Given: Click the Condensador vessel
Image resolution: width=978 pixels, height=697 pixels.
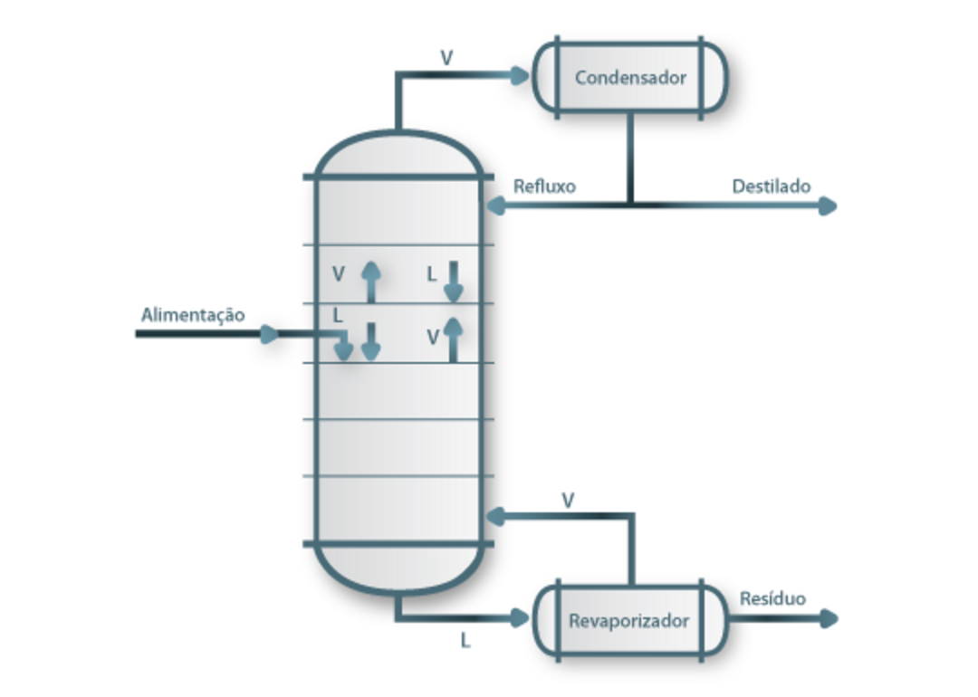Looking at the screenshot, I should tap(630, 77).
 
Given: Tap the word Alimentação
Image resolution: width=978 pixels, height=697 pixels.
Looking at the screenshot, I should tap(193, 315).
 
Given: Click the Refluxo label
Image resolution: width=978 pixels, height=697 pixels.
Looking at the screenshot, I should tap(544, 187).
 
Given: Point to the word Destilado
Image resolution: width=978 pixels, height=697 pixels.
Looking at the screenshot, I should tap(771, 187).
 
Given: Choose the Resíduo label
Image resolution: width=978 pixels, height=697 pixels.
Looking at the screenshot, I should tap(772, 599).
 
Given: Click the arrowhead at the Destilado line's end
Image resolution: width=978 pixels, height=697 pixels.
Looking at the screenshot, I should tap(827, 206).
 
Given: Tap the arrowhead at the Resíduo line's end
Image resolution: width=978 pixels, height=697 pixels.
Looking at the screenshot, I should tap(827, 619).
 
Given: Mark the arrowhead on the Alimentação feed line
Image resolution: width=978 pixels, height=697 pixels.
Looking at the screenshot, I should tap(269, 334).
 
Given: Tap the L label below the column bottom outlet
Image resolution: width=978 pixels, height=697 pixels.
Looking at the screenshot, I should tap(465, 641).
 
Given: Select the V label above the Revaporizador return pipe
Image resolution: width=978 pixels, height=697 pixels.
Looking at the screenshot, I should tap(568, 499).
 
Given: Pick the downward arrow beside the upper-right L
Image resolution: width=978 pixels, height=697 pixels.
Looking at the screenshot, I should tap(454, 282).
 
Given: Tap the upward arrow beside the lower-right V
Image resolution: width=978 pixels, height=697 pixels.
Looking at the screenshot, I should tap(454, 339).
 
